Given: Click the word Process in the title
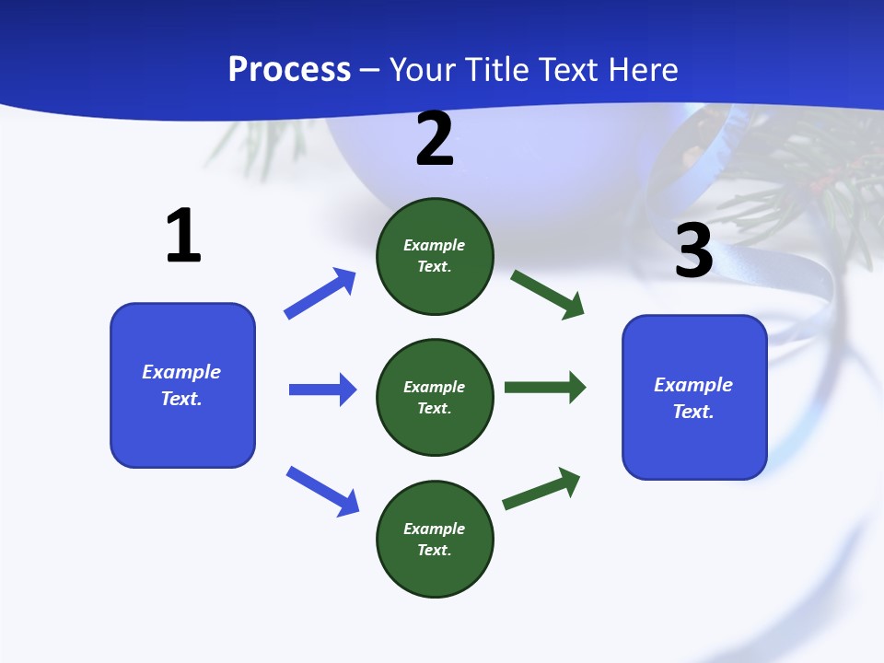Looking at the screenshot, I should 289,70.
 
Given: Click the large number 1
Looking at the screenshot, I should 183,236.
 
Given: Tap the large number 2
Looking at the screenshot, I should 435,139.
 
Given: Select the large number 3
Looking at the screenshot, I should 694,251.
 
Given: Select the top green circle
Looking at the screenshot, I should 435,256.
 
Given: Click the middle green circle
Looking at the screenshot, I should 435,397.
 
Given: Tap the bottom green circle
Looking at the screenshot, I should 435,539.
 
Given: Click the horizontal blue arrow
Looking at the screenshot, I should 322,390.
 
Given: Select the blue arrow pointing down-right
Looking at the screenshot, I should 322,491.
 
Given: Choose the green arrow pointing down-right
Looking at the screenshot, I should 547,295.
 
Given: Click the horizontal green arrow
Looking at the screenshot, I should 544,387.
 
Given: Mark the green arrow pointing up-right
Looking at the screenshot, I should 541,488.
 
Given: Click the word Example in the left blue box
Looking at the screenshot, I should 181,372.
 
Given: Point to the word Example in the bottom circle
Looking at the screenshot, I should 435,529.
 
